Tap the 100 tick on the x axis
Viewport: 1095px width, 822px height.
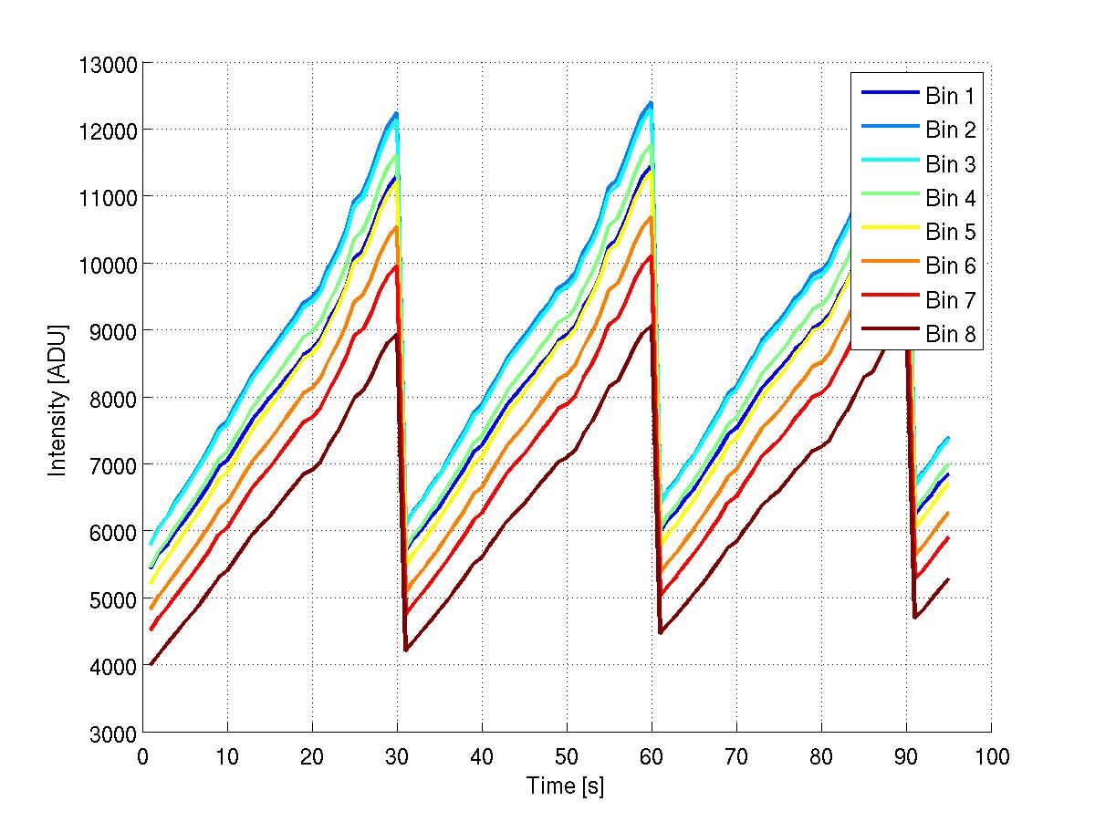(x=991, y=756)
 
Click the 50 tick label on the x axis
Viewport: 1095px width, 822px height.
(x=567, y=756)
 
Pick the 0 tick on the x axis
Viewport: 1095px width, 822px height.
(x=143, y=756)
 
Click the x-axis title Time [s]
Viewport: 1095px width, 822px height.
(x=566, y=786)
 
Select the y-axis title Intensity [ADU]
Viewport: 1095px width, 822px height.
(x=58, y=398)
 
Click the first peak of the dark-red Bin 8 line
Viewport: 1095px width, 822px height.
(x=396, y=334)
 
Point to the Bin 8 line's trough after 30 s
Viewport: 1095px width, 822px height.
(x=406, y=650)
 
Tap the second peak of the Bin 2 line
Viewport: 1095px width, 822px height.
(x=652, y=102)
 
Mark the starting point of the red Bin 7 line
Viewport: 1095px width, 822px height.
(x=151, y=630)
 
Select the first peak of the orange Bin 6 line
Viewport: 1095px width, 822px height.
(x=396, y=227)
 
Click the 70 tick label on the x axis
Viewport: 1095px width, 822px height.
(x=736, y=756)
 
